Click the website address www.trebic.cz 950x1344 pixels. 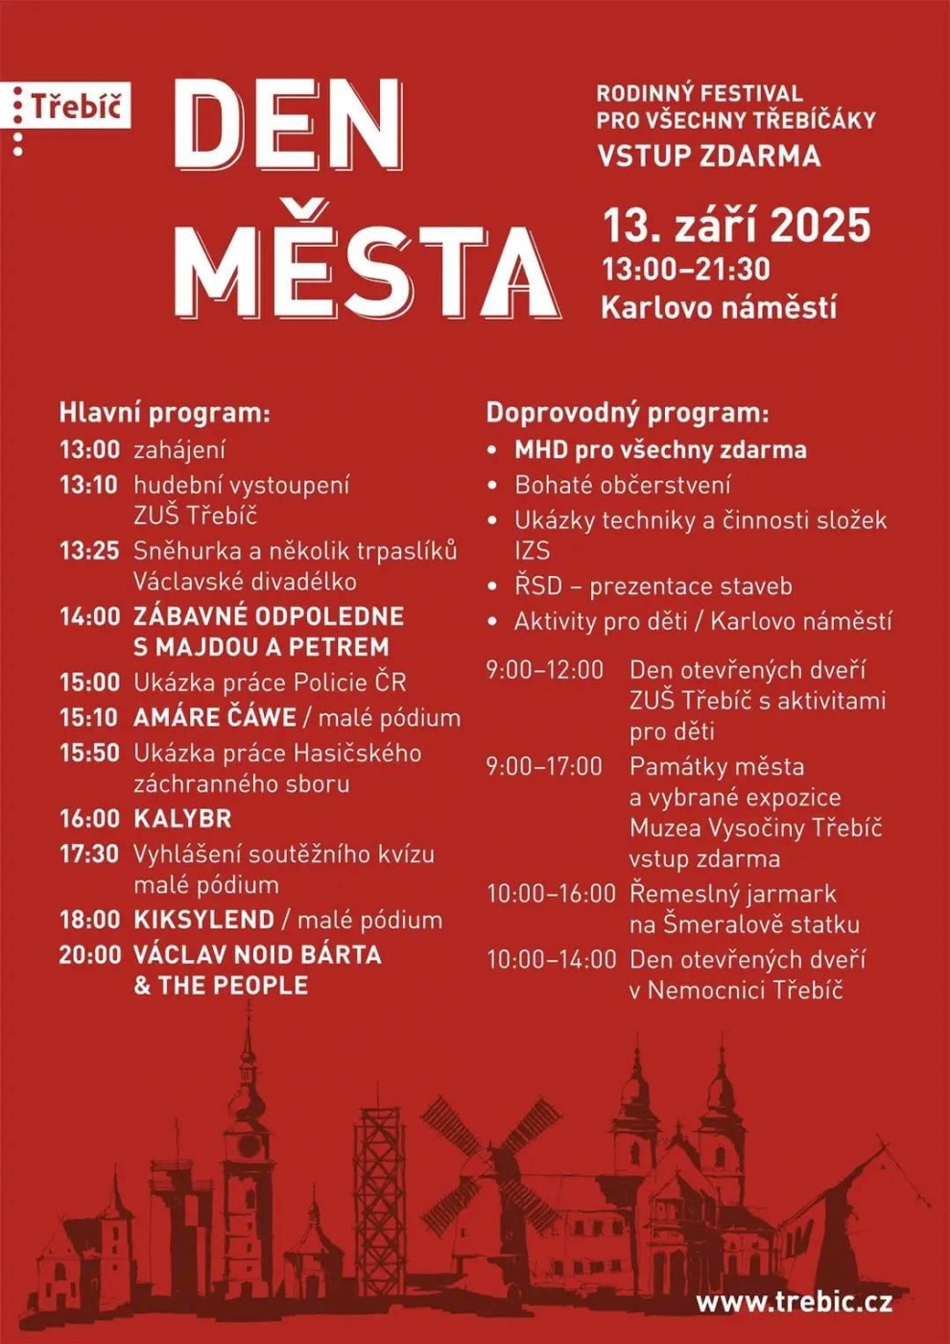tap(794, 1302)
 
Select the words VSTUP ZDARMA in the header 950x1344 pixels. tap(708, 156)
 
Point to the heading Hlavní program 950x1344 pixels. tap(164, 413)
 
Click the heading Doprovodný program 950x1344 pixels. tap(627, 413)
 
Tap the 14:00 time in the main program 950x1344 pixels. tap(89, 616)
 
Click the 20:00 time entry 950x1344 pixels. tap(89, 954)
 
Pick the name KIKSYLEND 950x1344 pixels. tap(203, 920)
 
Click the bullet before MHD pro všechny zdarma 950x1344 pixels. tap(492, 450)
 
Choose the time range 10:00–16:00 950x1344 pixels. tap(551, 894)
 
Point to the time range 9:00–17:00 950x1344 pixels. tap(544, 766)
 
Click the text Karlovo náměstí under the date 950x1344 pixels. tap(719, 307)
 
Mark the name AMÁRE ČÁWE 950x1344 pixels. tap(215, 718)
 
